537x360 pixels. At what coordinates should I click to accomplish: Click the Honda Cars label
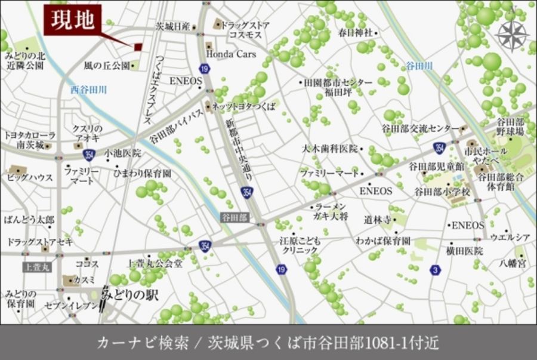[231, 54]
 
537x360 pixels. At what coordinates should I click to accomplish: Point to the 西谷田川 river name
[88, 90]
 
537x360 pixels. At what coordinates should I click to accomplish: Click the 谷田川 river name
[419, 65]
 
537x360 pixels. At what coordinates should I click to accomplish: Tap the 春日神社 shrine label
[355, 32]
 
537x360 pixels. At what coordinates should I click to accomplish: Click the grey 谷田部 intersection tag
[234, 217]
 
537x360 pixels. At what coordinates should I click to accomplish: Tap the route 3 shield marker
[434, 270]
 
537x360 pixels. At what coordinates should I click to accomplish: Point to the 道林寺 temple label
[377, 220]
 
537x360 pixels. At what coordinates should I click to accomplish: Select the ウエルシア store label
[510, 238]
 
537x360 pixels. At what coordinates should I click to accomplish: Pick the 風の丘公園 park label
[107, 65]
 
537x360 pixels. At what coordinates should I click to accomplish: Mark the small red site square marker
[138, 47]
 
